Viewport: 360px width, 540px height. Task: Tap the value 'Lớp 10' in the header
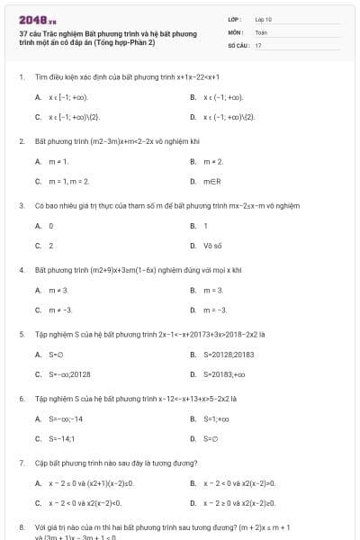264,19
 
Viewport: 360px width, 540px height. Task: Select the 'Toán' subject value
261,31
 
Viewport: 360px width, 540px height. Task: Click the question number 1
21,76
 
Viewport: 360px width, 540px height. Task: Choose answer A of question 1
63,97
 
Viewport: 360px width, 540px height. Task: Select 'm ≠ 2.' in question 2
213,161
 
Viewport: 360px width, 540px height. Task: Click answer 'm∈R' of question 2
212,181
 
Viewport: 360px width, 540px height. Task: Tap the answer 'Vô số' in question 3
212,246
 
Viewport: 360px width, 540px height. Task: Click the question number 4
21,270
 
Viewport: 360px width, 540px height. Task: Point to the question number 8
21,527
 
